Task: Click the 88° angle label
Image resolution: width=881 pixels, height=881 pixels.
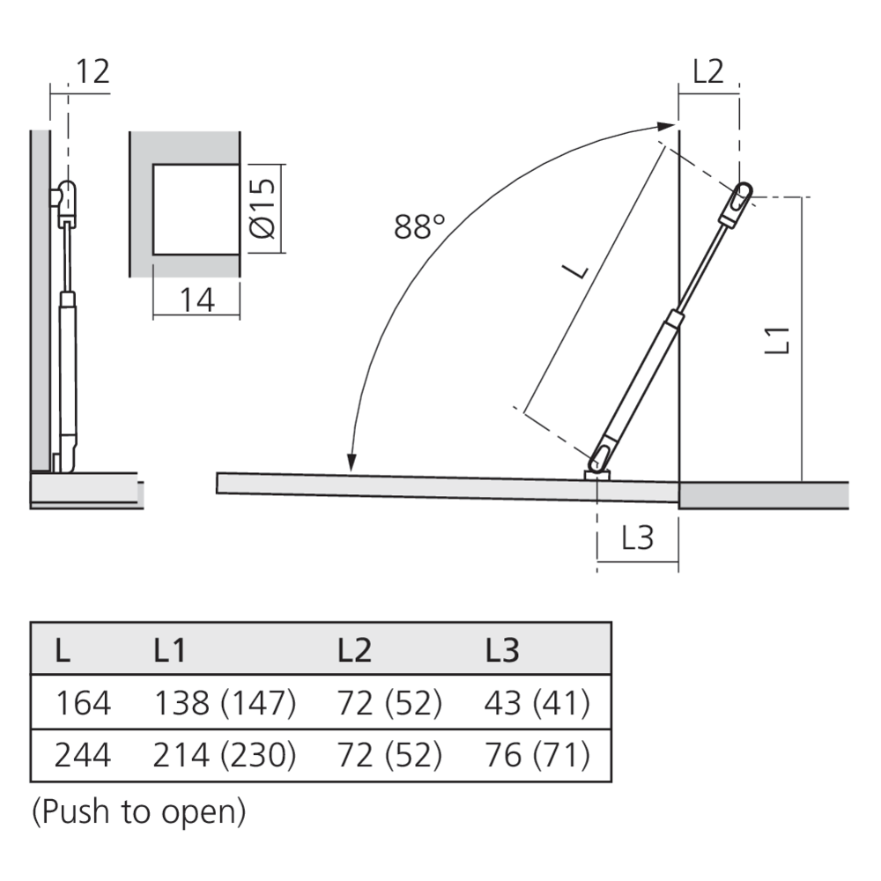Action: (x=419, y=227)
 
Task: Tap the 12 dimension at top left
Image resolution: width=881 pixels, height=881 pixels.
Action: (x=93, y=71)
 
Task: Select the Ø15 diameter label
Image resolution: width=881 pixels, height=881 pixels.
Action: (x=263, y=209)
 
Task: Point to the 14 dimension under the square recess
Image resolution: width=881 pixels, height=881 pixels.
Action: (x=197, y=300)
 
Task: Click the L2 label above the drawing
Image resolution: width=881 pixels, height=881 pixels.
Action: (x=708, y=71)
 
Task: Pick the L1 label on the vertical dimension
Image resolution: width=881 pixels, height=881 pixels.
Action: (x=778, y=340)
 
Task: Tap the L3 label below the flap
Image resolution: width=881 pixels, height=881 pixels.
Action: (x=638, y=537)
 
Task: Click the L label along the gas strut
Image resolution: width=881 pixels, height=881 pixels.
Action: (x=577, y=271)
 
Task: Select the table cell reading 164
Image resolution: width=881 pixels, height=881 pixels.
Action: (x=83, y=703)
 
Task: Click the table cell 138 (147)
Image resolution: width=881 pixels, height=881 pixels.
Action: (x=225, y=703)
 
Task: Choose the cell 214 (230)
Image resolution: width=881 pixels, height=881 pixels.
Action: (x=224, y=755)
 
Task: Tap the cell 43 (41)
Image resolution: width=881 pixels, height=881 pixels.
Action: (x=537, y=703)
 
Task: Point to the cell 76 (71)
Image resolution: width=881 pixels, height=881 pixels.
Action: (x=537, y=755)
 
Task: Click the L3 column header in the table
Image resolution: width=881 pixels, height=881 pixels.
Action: (x=502, y=650)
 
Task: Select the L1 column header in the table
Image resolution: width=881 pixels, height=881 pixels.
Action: (x=170, y=650)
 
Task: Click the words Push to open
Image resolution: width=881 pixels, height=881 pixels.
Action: (x=139, y=812)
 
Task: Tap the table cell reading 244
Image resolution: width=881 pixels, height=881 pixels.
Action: (x=83, y=755)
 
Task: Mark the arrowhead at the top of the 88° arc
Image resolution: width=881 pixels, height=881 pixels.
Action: (x=666, y=126)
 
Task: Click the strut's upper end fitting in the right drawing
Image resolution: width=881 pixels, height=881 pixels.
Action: (x=737, y=204)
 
